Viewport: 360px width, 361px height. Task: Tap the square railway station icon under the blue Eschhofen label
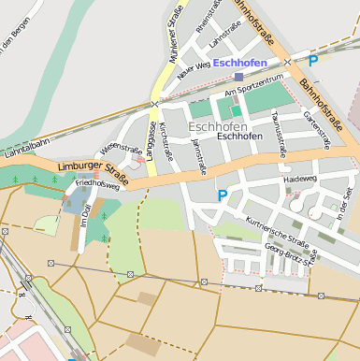239,77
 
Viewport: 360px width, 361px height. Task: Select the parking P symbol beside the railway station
313,61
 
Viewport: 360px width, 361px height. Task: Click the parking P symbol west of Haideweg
222,195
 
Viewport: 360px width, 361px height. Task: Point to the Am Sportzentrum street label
252,92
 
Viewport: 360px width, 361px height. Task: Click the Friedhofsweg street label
97,185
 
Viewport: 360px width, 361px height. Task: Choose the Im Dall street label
84,214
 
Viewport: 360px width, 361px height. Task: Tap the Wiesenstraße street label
122,149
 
